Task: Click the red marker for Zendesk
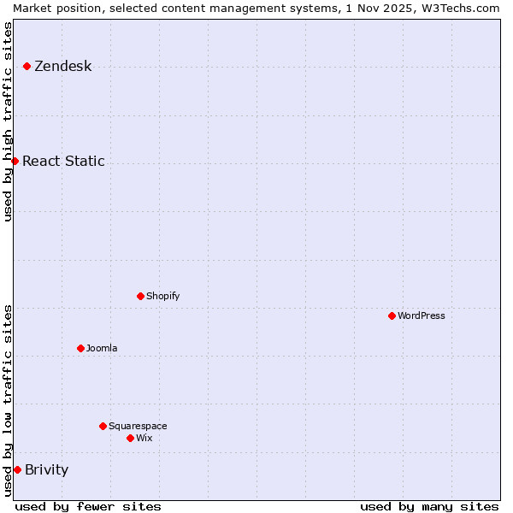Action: point(27,66)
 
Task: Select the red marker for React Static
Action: point(15,161)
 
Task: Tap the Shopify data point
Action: point(140,296)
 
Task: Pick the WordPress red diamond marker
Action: point(392,315)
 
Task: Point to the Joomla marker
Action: point(80,348)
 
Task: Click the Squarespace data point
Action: point(103,426)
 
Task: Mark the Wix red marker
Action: point(130,438)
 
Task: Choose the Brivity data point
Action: point(17,469)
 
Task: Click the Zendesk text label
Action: point(63,66)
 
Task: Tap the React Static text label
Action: point(63,161)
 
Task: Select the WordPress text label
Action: point(422,315)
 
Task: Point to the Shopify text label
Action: point(163,296)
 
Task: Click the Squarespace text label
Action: point(138,426)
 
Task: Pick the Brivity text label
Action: point(47,469)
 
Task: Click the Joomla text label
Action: point(102,348)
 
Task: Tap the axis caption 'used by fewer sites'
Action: point(88,506)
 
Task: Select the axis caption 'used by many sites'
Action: point(429,506)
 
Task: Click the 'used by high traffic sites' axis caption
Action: point(9,121)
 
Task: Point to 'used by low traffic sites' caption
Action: point(9,400)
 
